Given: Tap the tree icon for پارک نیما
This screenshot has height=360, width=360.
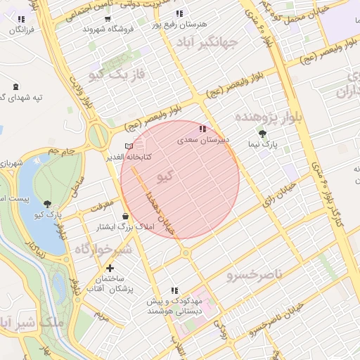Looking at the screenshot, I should [x=263, y=134].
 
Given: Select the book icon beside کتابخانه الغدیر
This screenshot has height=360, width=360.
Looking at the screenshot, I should [x=128, y=146].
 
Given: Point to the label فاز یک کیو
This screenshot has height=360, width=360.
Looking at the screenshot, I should [x=122, y=73].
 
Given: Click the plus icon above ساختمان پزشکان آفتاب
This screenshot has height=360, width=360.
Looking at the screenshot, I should [x=110, y=268].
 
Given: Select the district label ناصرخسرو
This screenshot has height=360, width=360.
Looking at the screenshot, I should [x=254, y=274].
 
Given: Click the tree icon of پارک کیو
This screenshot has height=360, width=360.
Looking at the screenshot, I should [x=47, y=204].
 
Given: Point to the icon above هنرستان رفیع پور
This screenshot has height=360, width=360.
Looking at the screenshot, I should [x=179, y=13].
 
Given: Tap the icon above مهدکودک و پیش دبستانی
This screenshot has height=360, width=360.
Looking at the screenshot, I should [x=174, y=290].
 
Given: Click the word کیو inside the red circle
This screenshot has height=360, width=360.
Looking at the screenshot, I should [x=165, y=176].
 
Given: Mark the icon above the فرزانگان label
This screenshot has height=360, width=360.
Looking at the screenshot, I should [x=20, y=19].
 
